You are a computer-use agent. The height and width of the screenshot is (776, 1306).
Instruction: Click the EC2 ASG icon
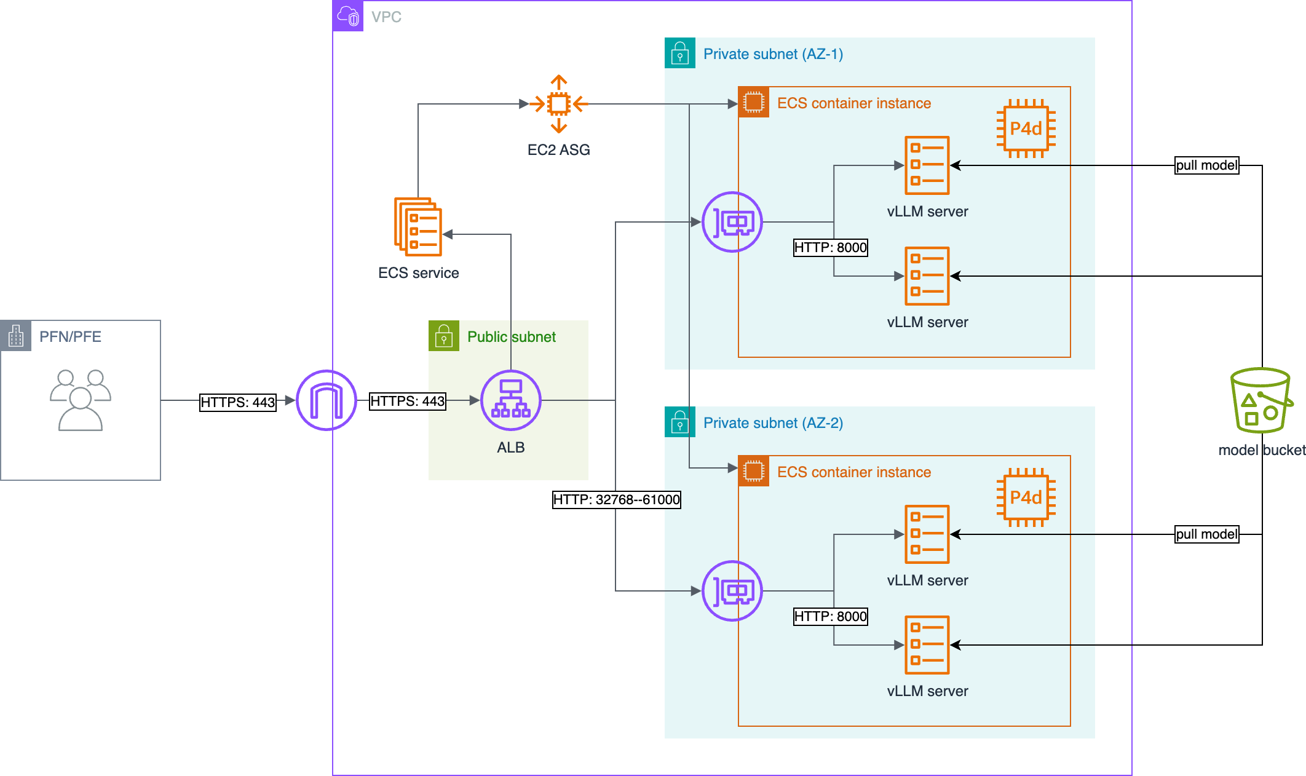point(558,104)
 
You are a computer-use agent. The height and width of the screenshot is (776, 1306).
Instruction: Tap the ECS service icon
point(418,226)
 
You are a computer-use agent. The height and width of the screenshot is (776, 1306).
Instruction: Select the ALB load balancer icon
point(510,400)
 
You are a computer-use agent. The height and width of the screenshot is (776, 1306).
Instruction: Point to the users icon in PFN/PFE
point(81,400)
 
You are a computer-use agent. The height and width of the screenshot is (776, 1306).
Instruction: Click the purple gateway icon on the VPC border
point(326,400)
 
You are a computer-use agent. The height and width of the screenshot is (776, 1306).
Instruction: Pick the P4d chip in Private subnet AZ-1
point(1026,129)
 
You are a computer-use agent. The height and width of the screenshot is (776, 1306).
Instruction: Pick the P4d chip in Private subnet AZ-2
point(1026,497)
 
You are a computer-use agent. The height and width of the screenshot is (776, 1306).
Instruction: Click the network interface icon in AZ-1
point(732,222)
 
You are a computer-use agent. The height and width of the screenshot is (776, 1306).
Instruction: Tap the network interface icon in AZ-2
point(732,591)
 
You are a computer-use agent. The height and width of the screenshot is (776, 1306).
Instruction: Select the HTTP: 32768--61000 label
point(617,499)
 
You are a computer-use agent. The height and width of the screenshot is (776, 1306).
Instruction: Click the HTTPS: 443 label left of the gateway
point(238,402)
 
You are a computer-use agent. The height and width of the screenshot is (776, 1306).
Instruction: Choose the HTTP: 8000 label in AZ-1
point(831,247)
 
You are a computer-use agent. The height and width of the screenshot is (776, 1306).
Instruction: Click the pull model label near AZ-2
point(1207,534)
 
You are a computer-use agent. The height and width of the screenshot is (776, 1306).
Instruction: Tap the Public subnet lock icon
point(444,336)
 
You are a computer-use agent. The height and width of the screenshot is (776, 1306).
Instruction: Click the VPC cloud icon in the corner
point(348,16)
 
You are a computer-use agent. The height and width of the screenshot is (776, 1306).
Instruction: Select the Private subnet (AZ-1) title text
point(774,54)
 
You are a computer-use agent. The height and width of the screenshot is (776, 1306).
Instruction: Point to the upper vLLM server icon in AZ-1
point(927,165)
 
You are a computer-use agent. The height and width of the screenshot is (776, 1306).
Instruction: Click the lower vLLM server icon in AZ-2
point(927,645)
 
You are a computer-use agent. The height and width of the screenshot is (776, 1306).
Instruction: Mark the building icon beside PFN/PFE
point(16,336)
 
